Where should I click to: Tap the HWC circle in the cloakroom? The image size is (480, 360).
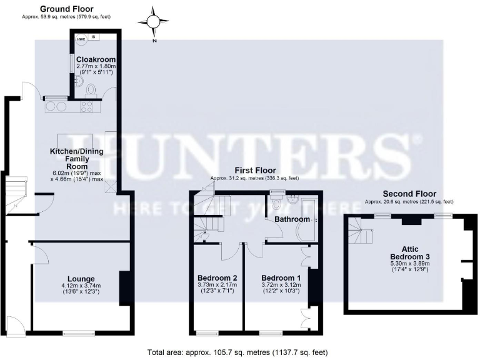click(81, 39)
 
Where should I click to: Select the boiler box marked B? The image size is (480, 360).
click(94, 37)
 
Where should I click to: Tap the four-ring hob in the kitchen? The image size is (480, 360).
click(87, 107)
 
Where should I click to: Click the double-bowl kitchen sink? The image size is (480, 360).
click(56, 106)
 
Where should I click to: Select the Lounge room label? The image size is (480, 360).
click(81, 279)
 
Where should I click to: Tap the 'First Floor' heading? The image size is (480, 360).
click(255, 170)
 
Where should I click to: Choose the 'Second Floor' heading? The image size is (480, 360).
click(409, 194)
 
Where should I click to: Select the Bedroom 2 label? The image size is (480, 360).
click(217, 278)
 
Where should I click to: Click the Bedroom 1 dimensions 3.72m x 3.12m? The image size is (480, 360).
click(281, 285)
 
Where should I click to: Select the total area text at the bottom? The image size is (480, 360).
click(237, 352)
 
